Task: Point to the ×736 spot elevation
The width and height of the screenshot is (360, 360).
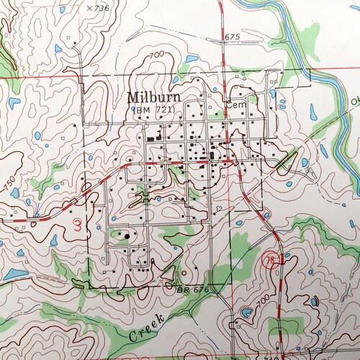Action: (x=96, y=7)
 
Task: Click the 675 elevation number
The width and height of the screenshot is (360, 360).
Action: (x=231, y=37)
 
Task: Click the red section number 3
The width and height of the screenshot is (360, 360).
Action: (x=76, y=225)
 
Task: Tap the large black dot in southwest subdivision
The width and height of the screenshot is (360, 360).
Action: (x=128, y=235)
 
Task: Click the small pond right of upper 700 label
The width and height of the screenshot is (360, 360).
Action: (x=192, y=59)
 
